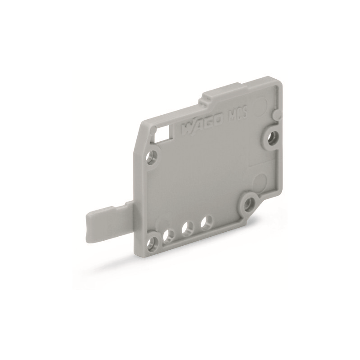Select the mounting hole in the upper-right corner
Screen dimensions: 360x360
click(271, 138)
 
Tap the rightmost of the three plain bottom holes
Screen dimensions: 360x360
click(207, 222)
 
